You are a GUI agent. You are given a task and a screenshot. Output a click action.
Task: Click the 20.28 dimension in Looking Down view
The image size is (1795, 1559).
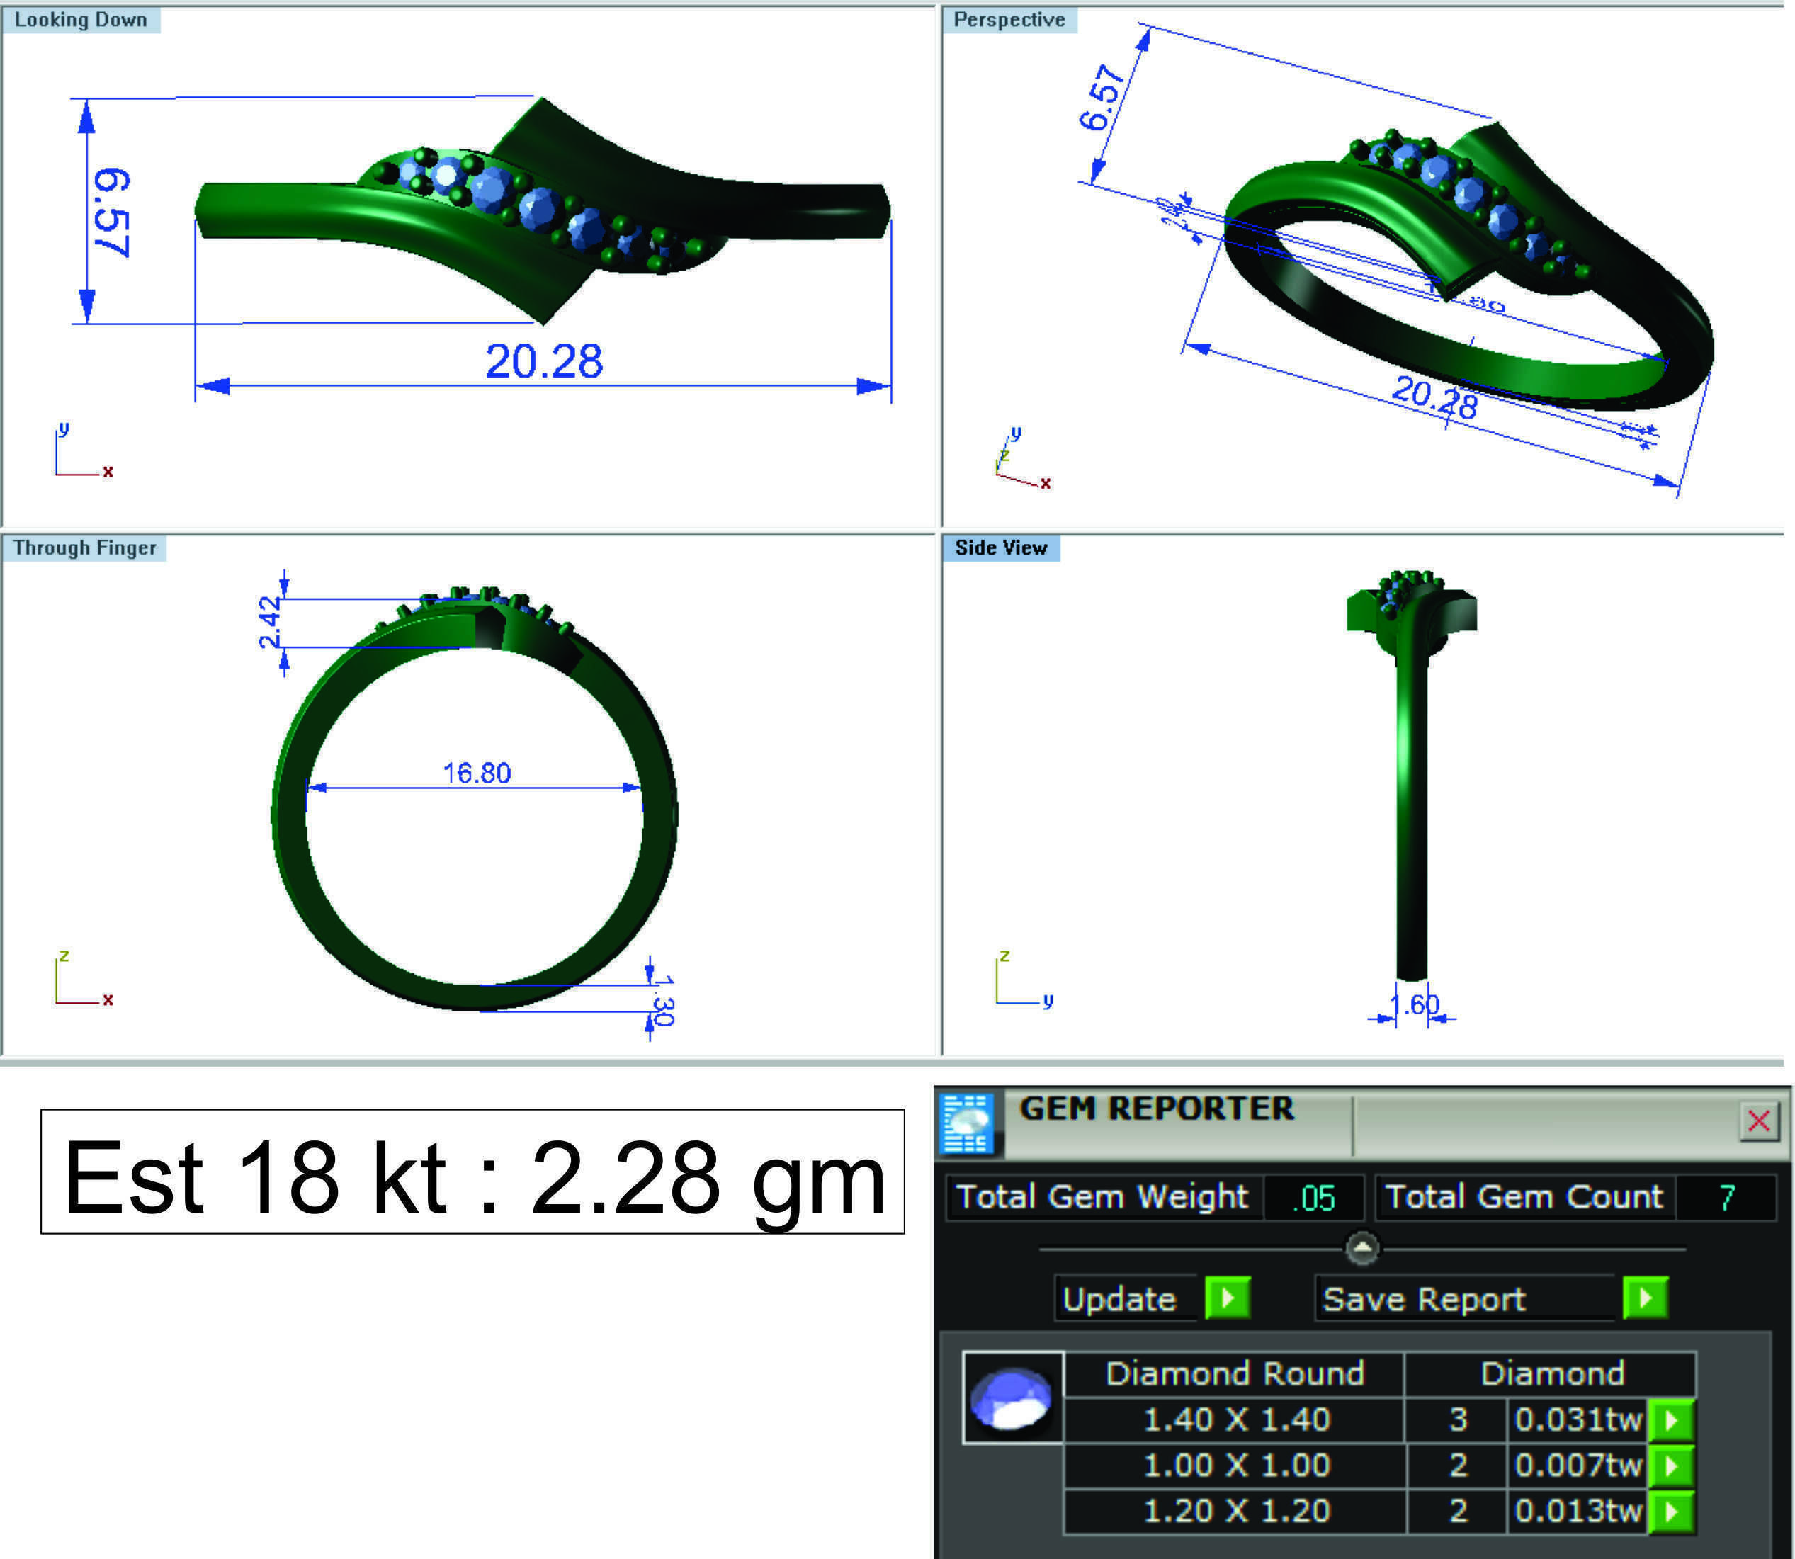544,361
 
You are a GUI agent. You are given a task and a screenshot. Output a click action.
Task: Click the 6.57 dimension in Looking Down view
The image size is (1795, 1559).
111,213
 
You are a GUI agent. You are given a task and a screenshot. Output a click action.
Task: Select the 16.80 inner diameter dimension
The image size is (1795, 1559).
477,773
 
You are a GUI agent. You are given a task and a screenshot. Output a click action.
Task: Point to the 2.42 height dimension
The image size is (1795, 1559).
270,623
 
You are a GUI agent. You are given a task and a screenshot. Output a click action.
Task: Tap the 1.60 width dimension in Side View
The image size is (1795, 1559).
1414,1005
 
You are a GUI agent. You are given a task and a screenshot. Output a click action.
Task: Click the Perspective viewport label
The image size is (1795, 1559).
1009,19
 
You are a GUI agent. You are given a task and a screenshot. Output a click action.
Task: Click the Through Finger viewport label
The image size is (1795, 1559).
84,548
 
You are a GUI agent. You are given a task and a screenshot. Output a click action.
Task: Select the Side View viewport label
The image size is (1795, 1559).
1001,548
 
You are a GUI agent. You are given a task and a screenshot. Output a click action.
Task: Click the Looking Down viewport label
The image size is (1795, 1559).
80,19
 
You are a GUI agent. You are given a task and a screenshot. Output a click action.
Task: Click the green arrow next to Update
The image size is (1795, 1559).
1228,1299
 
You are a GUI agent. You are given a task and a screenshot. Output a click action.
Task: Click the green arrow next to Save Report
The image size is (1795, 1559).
1646,1299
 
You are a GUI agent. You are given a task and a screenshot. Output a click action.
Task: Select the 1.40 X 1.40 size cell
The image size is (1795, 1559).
1235,1419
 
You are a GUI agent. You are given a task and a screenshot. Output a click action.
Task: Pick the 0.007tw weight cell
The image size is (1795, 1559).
1578,1465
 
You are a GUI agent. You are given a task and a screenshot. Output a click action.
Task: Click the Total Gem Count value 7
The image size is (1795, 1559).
1727,1198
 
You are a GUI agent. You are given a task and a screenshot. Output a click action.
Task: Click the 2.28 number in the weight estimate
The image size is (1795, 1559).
625,1178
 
